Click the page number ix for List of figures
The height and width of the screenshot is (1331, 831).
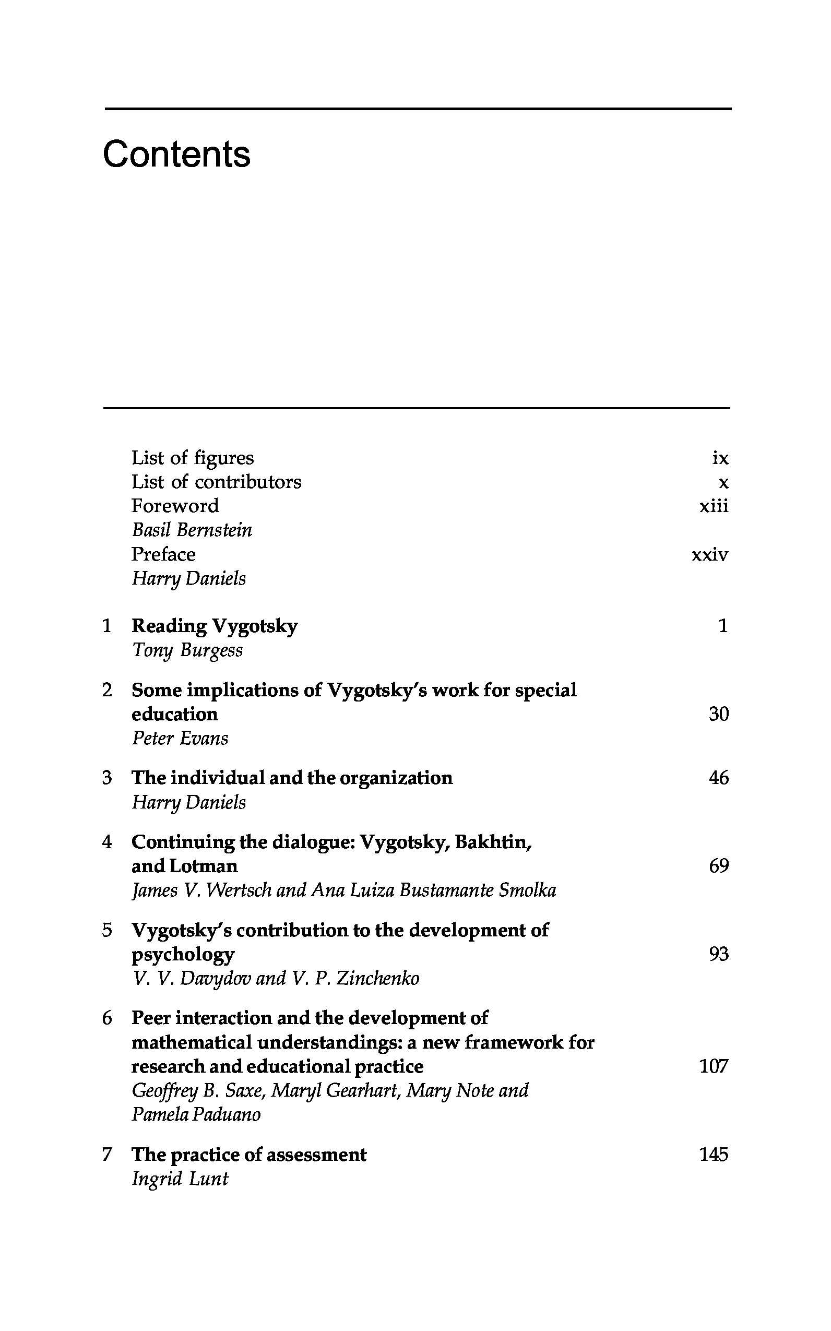(720, 458)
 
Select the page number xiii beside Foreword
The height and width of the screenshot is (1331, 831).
(714, 506)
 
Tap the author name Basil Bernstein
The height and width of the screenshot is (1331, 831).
(192, 530)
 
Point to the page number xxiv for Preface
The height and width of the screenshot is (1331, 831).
(709, 554)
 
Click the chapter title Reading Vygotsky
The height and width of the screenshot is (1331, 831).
(215, 626)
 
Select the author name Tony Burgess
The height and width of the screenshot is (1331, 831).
(187, 650)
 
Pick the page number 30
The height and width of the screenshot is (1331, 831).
(718, 714)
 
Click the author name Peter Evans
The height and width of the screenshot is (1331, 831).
(180, 738)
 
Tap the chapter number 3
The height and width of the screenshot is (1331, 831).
(107, 778)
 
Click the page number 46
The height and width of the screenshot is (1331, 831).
(718, 778)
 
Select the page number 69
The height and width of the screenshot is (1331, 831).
(718, 866)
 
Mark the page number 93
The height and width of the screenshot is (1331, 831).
(718, 954)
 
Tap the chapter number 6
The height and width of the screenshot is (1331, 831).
(107, 1018)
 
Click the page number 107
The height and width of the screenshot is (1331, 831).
(714, 1066)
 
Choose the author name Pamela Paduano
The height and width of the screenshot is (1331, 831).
(196, 1114)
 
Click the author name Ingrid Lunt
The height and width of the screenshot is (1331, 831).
(180, 1179)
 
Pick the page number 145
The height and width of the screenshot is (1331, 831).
(714, 1155)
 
